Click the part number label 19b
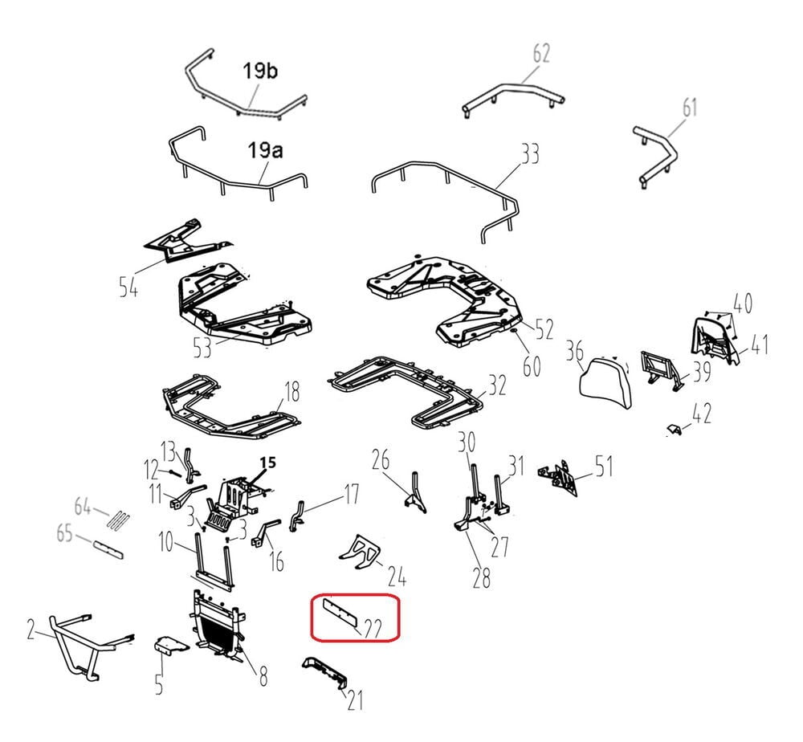[x=261, y=71]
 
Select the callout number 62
[x=541, y=54]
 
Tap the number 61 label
[x=690, y=106]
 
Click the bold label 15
[x=267, y=463]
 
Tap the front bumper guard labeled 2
[x=77, y=642]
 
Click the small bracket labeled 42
[x=676, y=430]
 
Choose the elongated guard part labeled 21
[x=326, y=673]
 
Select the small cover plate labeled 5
[x=171, y=645]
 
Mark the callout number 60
[x=532, y=365]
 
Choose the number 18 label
[x=291, y=392]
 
